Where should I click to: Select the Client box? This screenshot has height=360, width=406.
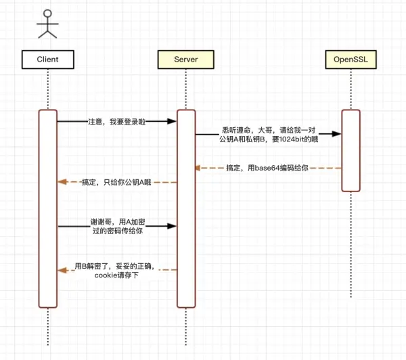point(48,60)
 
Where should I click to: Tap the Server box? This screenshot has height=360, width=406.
point(186,60)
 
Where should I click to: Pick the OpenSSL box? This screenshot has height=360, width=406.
point(351,60)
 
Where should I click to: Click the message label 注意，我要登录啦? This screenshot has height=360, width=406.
point(117,122)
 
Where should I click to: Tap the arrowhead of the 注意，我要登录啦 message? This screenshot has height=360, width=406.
point(172,121)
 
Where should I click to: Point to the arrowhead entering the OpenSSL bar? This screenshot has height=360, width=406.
point(336,134)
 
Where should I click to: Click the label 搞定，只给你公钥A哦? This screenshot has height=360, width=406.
point(116,182)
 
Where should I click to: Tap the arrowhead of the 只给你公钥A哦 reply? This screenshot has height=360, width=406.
point(62,182)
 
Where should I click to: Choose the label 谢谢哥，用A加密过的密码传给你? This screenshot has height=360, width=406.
point(118,226)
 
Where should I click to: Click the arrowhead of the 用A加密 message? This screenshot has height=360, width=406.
point(172,226)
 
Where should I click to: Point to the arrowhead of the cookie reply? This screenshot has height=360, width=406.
point(62,271)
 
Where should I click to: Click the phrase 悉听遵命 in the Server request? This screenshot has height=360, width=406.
point(236,131)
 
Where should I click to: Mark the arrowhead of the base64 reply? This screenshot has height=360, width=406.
point(198,168)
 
